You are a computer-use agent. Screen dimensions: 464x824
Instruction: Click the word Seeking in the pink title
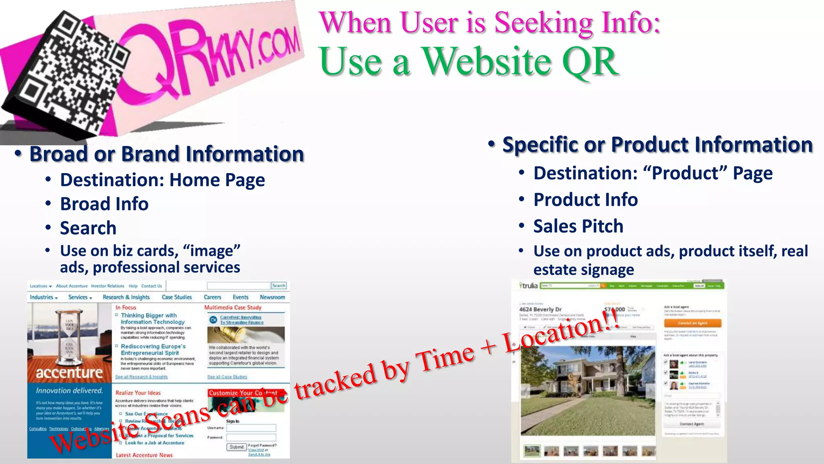click(x=543, y=23)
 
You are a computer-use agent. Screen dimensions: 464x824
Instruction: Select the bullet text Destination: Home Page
click(x=162, y=180)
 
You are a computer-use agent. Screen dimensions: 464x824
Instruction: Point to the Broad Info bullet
click(x=104, y=204)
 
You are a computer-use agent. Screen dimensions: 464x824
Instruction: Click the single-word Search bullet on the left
click(x=88, y=228)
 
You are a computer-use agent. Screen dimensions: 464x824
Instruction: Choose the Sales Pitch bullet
click(x=578, y=226)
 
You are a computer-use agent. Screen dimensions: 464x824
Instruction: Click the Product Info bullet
click(x=585, y=200)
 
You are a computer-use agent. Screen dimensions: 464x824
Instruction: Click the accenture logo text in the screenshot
click(x=69, y=373)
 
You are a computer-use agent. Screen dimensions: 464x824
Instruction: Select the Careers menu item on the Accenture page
click(x=212, y=297)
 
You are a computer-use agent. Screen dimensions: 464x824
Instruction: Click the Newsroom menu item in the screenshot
click(x=272, y=297)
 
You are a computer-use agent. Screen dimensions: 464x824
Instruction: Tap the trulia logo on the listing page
click(x=529, y=286)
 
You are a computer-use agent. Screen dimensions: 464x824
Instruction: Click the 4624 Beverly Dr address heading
click(x=540, y=309)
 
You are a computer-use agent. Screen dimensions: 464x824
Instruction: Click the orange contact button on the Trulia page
click(x=692, y=323)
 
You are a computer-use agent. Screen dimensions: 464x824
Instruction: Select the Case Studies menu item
click(x=177, y=297)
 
